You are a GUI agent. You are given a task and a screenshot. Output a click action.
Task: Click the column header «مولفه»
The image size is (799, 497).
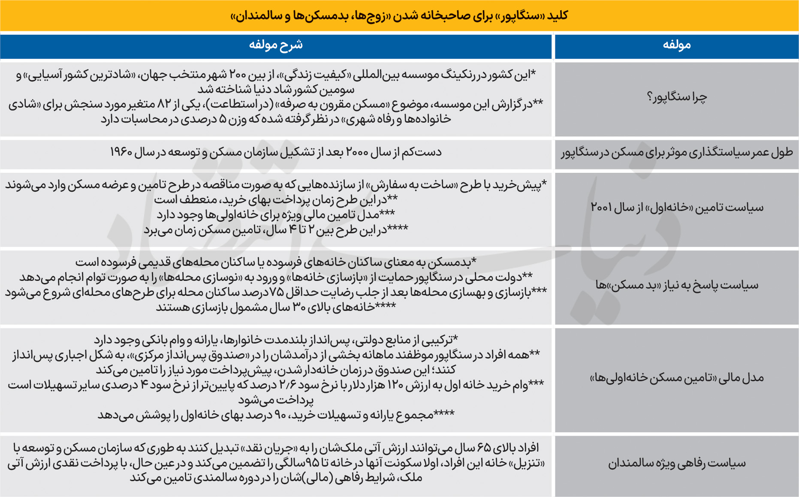676,45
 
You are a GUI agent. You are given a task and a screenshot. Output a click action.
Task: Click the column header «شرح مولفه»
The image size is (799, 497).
276,45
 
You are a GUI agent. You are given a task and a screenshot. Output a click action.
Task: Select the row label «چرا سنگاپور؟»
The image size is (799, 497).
677,97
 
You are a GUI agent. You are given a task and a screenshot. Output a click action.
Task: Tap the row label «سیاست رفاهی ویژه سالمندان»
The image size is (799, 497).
677,464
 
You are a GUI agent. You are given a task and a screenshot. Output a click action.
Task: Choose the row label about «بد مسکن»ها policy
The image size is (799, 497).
677,285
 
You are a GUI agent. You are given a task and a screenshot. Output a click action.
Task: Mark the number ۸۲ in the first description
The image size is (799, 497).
164,104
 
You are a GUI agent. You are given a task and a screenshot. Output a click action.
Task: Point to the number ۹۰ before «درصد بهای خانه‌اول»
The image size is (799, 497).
280,415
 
